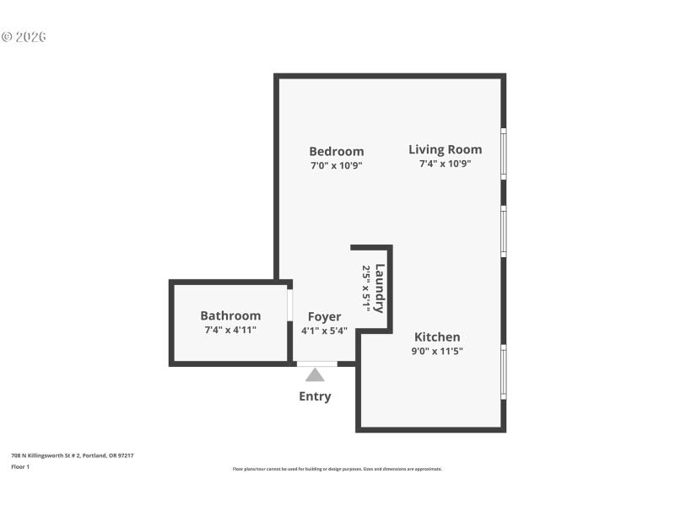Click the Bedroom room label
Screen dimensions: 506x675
tap(336, 152)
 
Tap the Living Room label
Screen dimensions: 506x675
tap(445, 150)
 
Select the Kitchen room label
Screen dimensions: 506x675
tap(436, 337)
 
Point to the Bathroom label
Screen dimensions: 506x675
tap(230, 315)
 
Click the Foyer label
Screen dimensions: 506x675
tap(324, 317)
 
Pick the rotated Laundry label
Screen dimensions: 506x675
tap(380, 288)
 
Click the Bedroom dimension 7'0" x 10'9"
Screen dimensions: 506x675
tap(336, 166)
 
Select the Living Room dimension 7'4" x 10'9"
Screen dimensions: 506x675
tap(445, 164)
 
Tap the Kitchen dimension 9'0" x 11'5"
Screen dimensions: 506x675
tap(437, 352)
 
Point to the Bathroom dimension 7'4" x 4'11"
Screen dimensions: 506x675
tap(230, 330)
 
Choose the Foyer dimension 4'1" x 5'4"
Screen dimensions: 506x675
tap(324, 331)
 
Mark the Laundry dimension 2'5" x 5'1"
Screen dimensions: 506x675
tap(366, 288)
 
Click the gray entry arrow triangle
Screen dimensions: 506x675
tap(315, 374)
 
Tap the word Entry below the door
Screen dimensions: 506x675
tap(315, 396)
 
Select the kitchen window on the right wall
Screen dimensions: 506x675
tap(504, 371)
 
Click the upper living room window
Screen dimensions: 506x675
tap(504, 153)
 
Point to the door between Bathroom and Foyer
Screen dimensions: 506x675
tap(289, 305)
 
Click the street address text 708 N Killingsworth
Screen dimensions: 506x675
tap(73, 455)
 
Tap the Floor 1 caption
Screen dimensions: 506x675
tap(20, 466)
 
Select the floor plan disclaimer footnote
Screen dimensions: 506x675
tap(337, 469)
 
